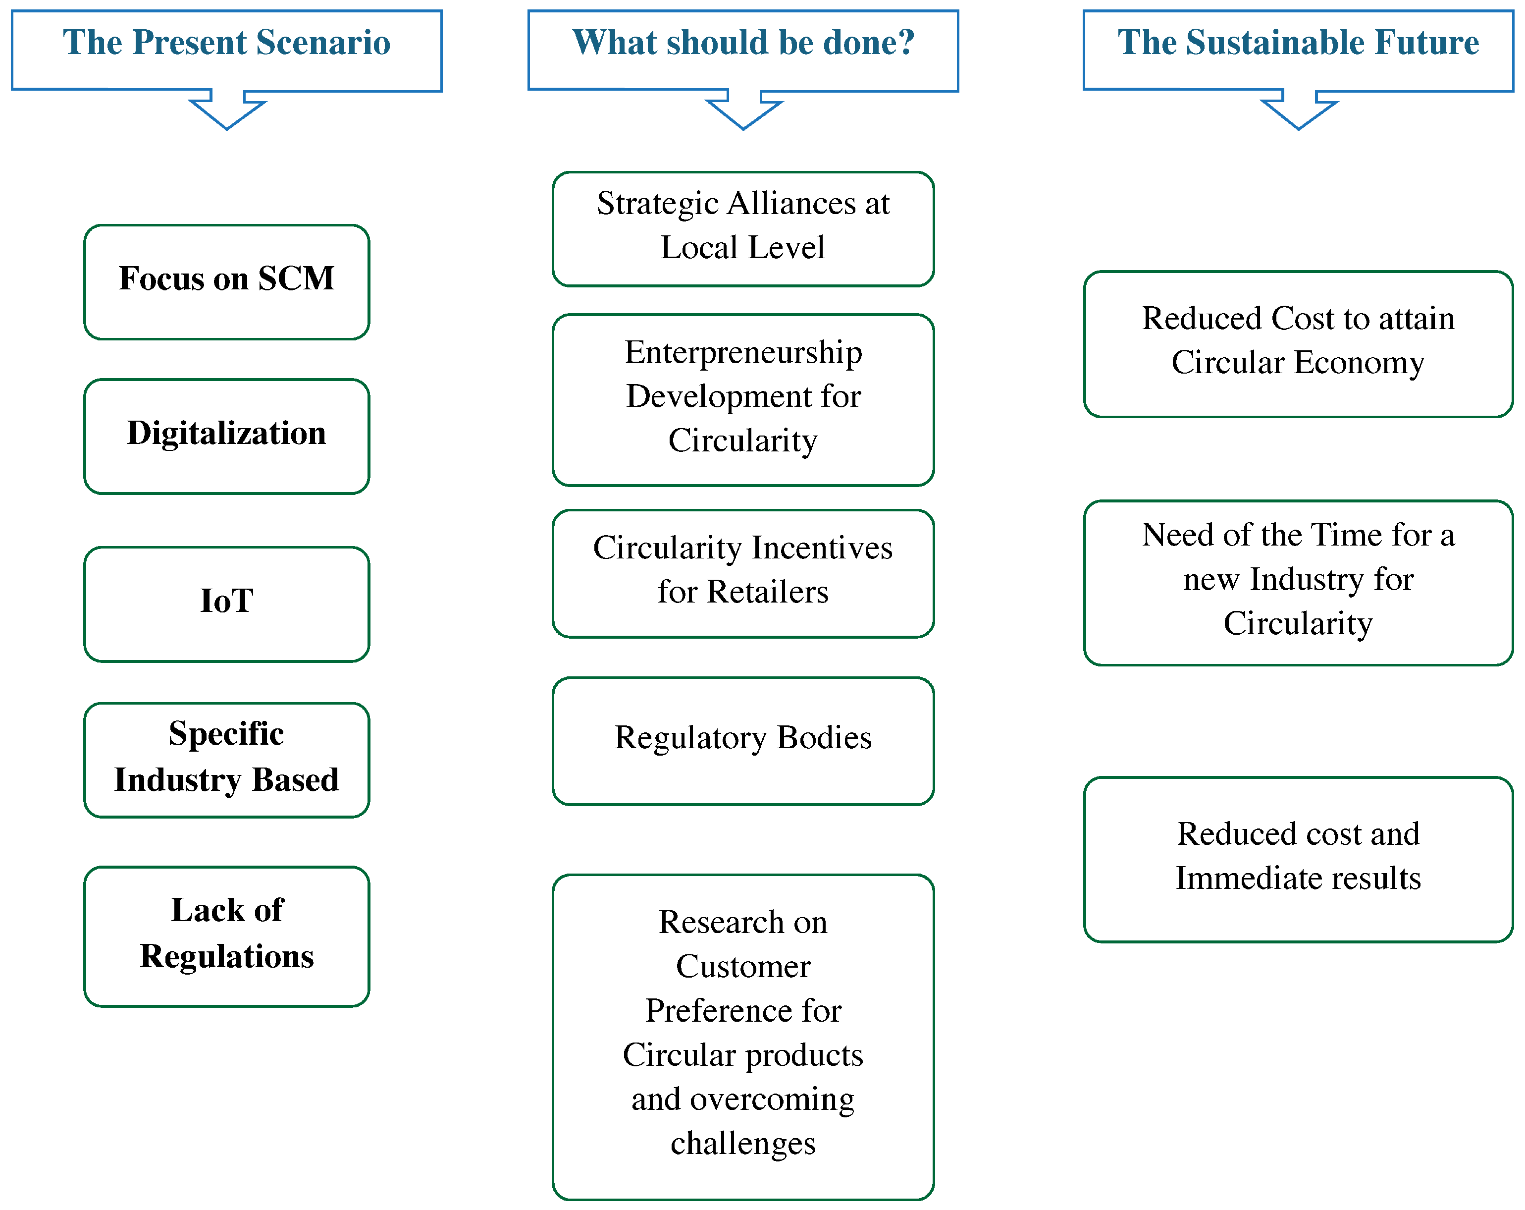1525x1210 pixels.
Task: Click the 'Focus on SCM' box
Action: coord(226,281)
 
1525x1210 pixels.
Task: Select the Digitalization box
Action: coord(226,436)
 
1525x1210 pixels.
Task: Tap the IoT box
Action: coord(226,604)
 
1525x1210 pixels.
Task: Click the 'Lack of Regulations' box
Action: coord(226,935)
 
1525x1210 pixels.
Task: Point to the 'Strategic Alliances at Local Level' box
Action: coord(743,228)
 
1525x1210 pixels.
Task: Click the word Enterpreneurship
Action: coord(743,352)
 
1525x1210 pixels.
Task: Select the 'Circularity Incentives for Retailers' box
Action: coord(743,573)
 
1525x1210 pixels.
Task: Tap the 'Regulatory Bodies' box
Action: coord(743,740)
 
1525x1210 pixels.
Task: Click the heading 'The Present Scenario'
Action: coord(226,43)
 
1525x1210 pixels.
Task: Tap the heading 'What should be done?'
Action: coord(743,43)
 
